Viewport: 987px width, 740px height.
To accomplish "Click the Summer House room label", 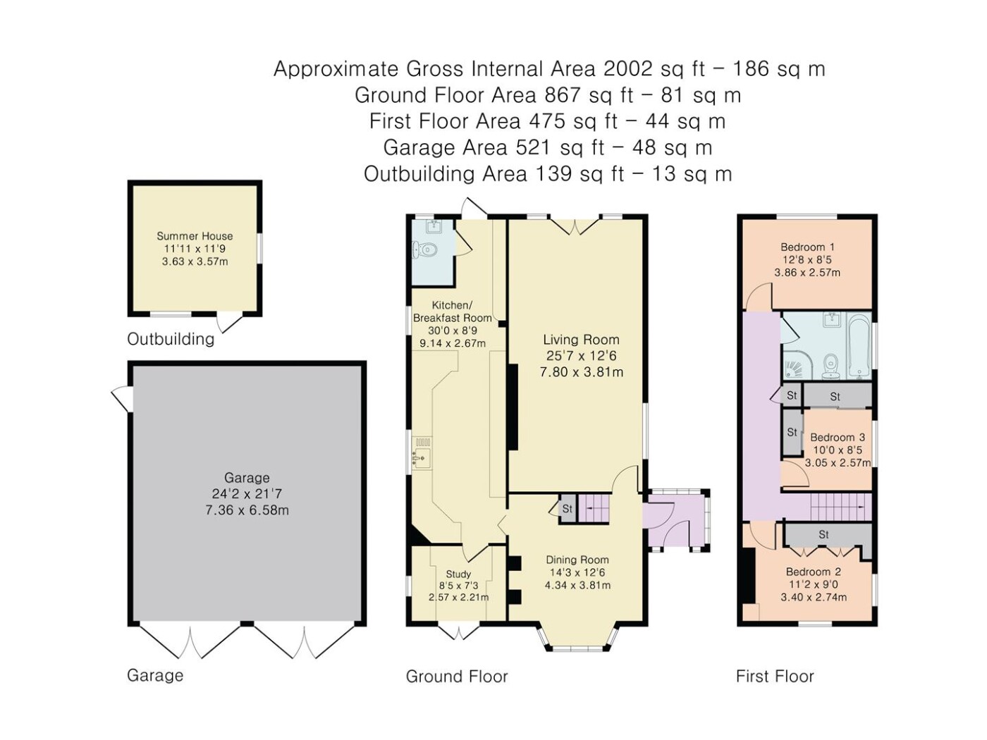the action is [195, 236].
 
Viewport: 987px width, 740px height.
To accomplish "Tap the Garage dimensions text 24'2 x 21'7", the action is [247, 494].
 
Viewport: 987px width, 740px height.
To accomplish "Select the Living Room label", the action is [581, 340].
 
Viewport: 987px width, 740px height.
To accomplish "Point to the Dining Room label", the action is [577, 560].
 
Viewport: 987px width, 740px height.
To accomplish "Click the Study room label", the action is [458, 574].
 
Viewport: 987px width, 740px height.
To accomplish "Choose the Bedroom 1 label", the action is [808, 247].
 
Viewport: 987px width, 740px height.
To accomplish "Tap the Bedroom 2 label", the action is [814, 572].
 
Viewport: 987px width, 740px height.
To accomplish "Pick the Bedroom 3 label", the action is [838, 437].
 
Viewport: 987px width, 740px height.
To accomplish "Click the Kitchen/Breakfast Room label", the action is [453, 312].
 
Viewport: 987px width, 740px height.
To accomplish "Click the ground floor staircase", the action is [593, 509].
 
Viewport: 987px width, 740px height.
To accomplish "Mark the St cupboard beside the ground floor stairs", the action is [568, 509].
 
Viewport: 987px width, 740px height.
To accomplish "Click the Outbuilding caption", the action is [171, 339].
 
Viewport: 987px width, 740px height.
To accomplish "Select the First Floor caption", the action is [775, 677].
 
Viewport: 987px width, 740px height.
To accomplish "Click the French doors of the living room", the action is [575, 227].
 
